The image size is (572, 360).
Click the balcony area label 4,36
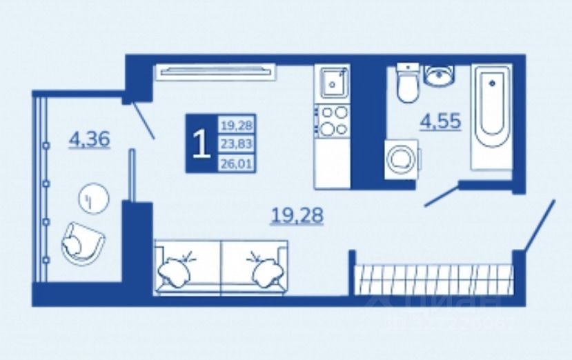click(x=90, y=140)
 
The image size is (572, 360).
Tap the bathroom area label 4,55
click(x=441, y=121)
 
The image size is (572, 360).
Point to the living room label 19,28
click(x=297, y=216)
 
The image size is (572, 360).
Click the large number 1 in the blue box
click(x=201, y=144)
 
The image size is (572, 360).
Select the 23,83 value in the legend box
click(x=237, y=144)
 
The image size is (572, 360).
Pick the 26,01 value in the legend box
click(x=237, y=163)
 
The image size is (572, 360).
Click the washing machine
click(x=400, y=159)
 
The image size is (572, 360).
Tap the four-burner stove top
click(x=333, y=120)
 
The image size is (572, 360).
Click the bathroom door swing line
click(x=441, y=194)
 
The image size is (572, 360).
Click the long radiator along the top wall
click(x=215, y=70)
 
